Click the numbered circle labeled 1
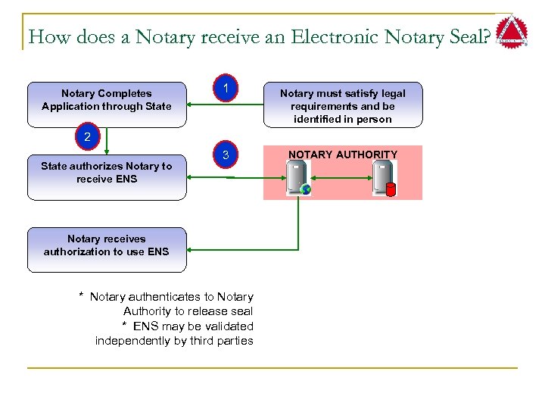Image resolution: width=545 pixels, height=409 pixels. tap(226, 89)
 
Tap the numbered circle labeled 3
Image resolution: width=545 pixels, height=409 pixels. tap(226, 156)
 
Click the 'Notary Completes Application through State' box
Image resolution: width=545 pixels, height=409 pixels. tap(107, 100)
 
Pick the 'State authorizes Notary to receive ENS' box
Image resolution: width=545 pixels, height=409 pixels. tap(107, 173)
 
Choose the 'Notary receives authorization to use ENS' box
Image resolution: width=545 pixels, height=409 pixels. tap(107, 245)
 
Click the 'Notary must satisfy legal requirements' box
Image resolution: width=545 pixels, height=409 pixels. tap(343, 105)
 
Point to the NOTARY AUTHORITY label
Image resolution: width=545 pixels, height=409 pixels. tap(343, 155)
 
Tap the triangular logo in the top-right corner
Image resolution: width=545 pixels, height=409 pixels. tap(512, 33)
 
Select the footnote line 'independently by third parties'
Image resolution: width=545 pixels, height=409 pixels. tap(174, 341)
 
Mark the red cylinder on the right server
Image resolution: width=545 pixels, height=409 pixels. tap(391, 189)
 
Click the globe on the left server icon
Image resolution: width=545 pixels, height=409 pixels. tap(305, 189)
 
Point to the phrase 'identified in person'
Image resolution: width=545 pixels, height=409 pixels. tap(343, 119)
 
